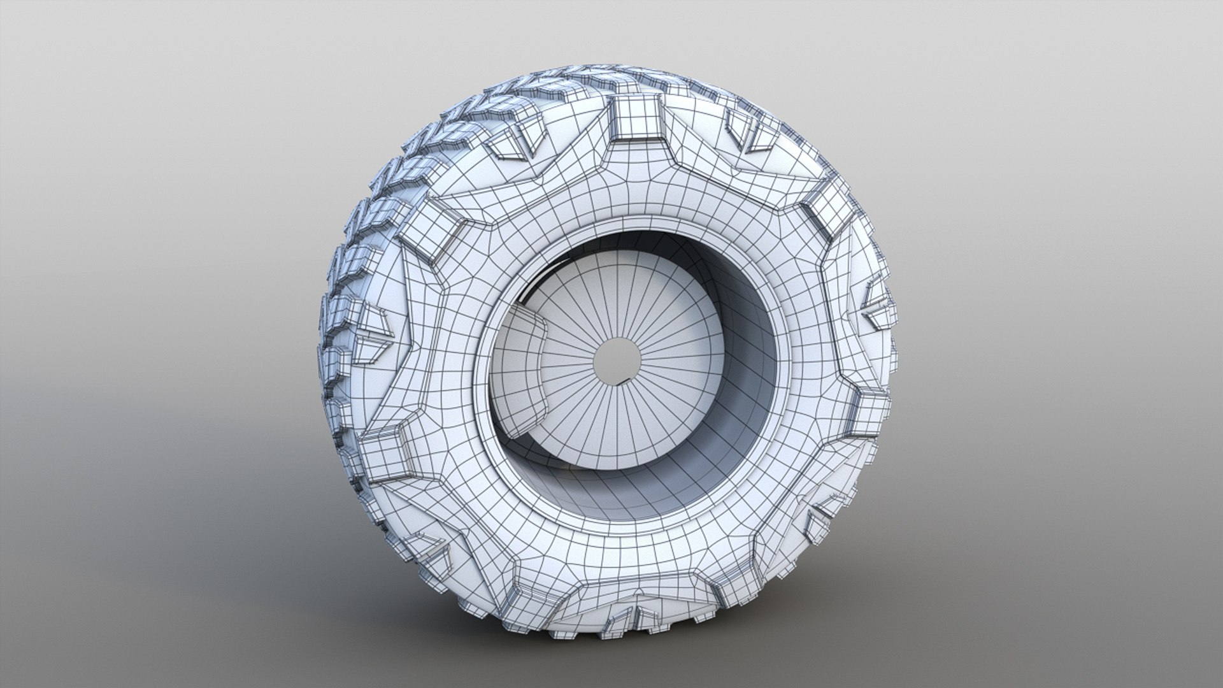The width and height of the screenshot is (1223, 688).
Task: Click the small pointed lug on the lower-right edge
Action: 828,510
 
